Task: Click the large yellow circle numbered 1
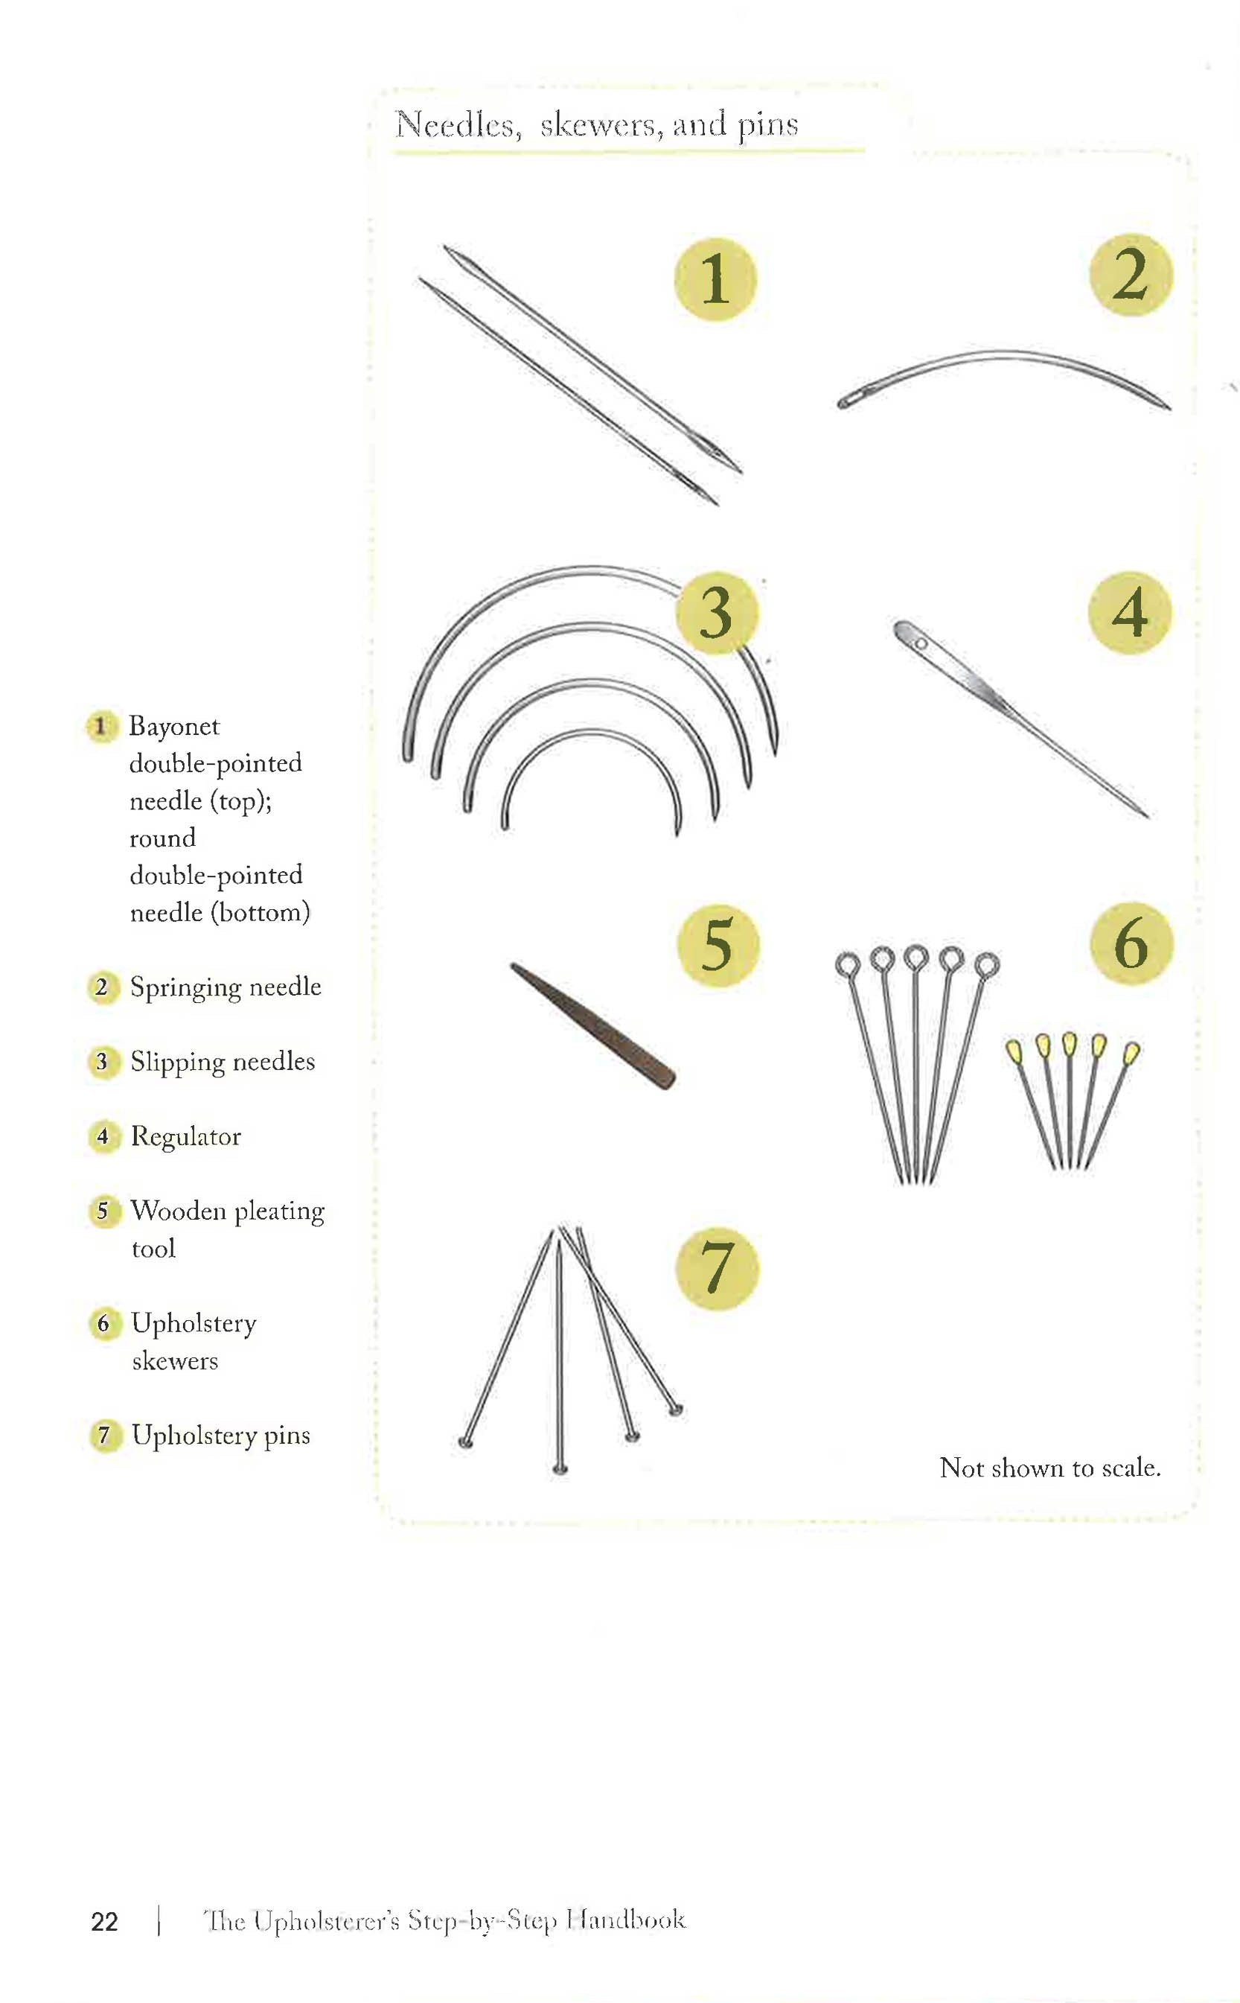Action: coord(715,279)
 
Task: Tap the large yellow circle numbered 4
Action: coord(1129,612)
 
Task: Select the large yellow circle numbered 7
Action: coord(717,1268)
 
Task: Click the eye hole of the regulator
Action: coord(920,644)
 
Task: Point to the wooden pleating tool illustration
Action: coord(593,1025)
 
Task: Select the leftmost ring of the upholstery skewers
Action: coord(847,964)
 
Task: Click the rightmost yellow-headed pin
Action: coord(1131,1051)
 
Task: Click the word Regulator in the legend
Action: coord(185,1136)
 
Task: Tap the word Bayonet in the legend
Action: coord(174,726)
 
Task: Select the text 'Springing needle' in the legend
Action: coord(225,986)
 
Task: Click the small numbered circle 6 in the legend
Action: coord(104,1323)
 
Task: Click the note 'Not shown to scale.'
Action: coord(1049,1468)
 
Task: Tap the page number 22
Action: coord(104,1922)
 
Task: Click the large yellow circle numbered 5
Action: coord(717,945)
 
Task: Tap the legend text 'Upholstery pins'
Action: coord(220,1435)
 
